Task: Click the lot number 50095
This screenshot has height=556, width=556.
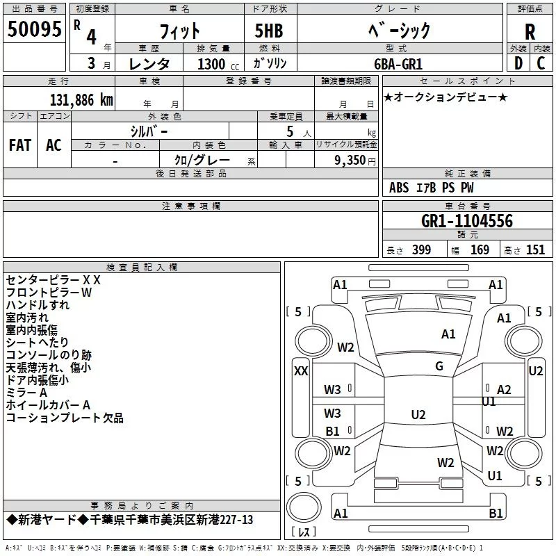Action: [34, 30]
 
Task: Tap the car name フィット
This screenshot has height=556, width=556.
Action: [180, 31]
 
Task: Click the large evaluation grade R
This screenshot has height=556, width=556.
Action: [530, 32]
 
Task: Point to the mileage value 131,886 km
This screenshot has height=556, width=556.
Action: [81, 99]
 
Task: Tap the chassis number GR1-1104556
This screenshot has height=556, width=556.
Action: [467, 221]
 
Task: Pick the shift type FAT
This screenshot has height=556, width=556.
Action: [20, 145]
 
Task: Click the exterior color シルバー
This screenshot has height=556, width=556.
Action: [149, 131]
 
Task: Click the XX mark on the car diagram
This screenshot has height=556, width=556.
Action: [301, 371]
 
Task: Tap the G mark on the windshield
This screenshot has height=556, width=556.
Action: [439, 366]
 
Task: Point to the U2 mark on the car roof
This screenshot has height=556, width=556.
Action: [418, 415]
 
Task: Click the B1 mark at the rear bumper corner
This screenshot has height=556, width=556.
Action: [496, 514]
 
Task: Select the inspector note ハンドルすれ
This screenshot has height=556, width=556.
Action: [38, 305]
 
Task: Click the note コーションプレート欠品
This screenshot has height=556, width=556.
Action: [64, 418]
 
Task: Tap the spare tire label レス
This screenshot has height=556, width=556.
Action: [303, 532]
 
